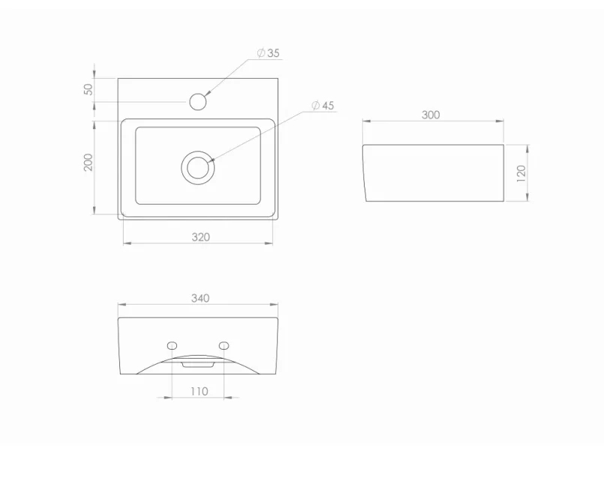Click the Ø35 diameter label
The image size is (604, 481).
268,53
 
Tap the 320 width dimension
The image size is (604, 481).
200,237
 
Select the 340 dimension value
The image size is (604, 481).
200,298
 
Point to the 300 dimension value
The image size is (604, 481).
431,115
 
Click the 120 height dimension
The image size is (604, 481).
521,173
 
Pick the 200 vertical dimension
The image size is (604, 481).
89,162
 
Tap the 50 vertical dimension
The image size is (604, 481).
89,89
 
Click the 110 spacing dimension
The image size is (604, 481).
199,391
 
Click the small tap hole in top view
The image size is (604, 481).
199,101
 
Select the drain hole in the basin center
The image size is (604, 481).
198,167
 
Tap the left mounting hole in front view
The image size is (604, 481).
172,345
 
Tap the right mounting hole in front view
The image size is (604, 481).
224,345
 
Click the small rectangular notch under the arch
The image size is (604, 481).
198,364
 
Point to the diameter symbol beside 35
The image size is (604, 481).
260,53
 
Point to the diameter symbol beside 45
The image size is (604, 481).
314,106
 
